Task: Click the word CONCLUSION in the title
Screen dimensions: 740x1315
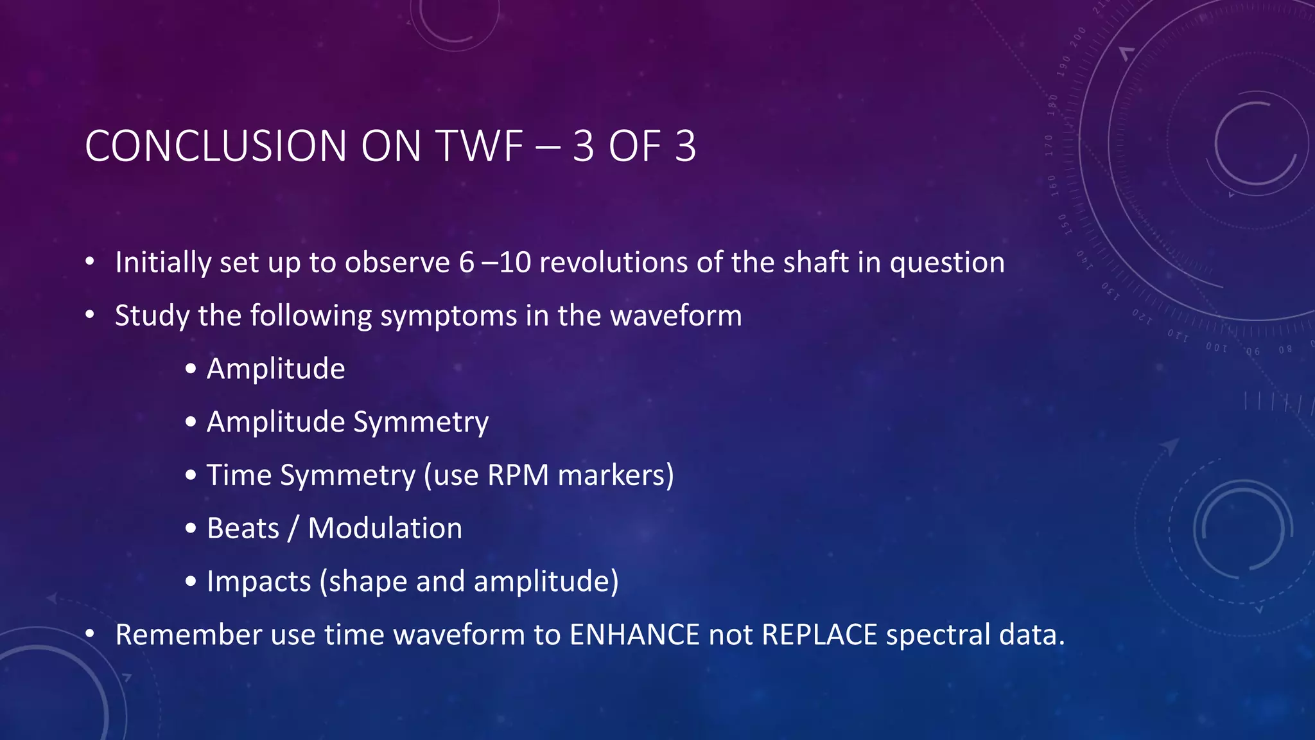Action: tap(216, 146)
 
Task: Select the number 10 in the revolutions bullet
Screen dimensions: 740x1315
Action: tap(515, 263)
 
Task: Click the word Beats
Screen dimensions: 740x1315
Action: tap(243, 529)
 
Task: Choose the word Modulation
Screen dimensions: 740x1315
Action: tap(385, 529)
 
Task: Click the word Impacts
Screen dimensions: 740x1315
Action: tap(259, 582)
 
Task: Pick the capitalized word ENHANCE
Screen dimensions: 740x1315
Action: tap(634, 635)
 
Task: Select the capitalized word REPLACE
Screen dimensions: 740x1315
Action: tap(819, 635)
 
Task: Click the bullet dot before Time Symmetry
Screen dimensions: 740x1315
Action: tap(191, 476)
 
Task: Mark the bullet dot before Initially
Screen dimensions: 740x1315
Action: tap(90, 262)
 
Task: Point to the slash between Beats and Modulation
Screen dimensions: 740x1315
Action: tap(293, 529)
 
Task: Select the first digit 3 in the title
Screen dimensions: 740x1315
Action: tap(583, 146)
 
